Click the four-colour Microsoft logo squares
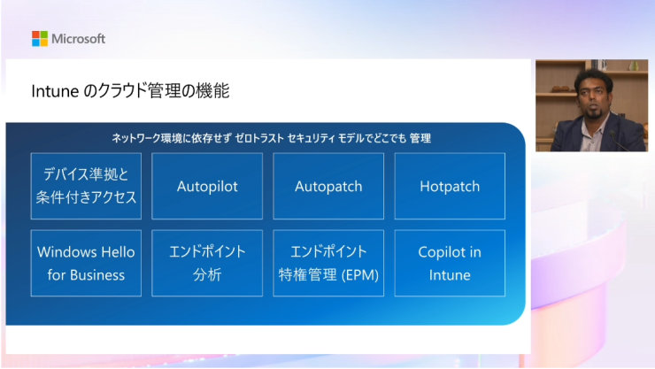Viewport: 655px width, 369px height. pyautogui.click(x=40, y=38)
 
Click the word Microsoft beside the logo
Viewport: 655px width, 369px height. pyautogui.click(x=79, y=39)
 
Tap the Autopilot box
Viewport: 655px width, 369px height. pyautogui.click(x=207, y=187)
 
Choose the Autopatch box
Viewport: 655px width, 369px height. pyautogui.click(x=328, y=187)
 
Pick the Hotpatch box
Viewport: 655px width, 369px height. pyautogui.click(x=450, y=187)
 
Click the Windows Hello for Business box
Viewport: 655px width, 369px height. pyautogui.click(x=86, y=264)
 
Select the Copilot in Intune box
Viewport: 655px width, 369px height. pyautogui.click(x=450, y=264)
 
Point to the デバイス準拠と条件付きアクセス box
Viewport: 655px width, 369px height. pyautogui.click(x=86, y=187)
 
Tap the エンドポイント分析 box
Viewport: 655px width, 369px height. pyautogui.click(x=207, y=264)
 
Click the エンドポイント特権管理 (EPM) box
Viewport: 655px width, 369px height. pyautogui.click(x=328, y=264)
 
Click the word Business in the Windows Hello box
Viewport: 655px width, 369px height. pyautogui.click(x=98, y=275)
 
